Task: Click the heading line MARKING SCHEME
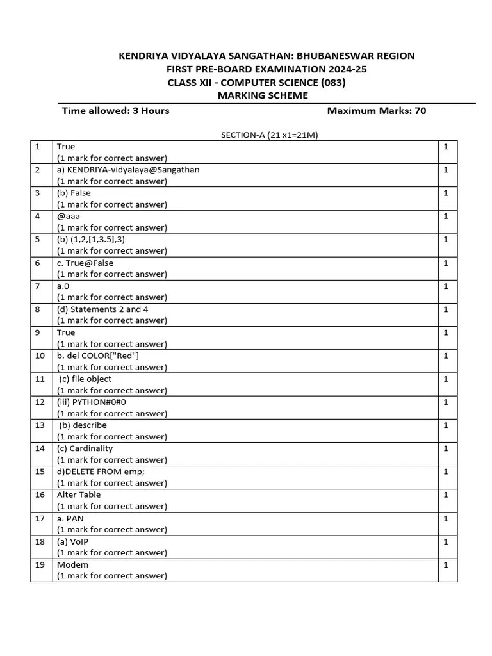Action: click(x=263, y=95)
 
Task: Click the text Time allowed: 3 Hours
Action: click(x=115, y=110)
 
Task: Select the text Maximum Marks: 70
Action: click(x=376, y=110)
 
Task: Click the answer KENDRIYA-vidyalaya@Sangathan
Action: click(x=128, y=170)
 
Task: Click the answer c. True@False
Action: click(x=85, y=263)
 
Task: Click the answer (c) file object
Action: click(x=85, y=379)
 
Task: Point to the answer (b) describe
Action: click(x=83, y=425)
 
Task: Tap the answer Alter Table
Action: click(x=79, y=495)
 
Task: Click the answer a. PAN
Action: click(x=70, y=518)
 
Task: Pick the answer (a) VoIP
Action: click(x=73, y=541)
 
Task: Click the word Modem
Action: click(x=72, y=564)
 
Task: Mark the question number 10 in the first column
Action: click(x=40, y=356)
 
